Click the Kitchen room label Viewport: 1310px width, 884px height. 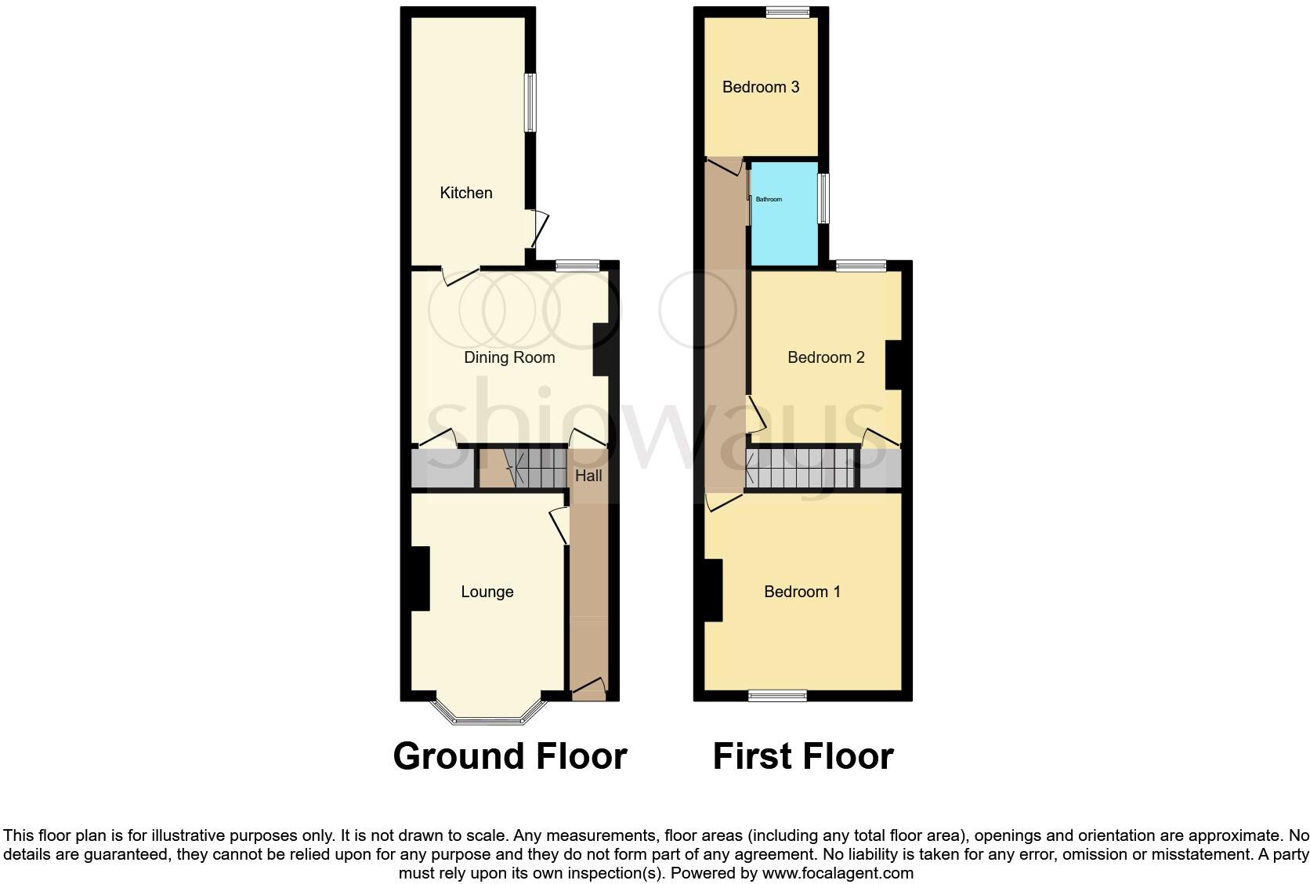[466, 193]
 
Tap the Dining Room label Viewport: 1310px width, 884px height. [509, 357]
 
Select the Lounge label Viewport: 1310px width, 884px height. [487, 592]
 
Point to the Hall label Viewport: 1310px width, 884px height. [588, 476]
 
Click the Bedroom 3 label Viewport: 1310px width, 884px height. [760, 87]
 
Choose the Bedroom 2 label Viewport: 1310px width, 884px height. [826, 357]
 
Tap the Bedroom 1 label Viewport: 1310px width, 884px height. [802, 592]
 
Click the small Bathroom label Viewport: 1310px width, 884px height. [769, 199]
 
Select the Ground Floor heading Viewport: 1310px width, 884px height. [510, 756]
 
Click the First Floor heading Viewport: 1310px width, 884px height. [803, 756]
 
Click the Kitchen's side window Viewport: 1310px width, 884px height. [530, 103]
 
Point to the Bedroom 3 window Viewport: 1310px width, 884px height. [787, 12]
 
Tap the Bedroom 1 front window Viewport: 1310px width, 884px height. [777, 695]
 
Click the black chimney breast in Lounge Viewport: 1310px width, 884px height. [420, 578]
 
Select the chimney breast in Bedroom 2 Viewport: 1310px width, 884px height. [894, 364]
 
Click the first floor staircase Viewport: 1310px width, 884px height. [800, 469]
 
